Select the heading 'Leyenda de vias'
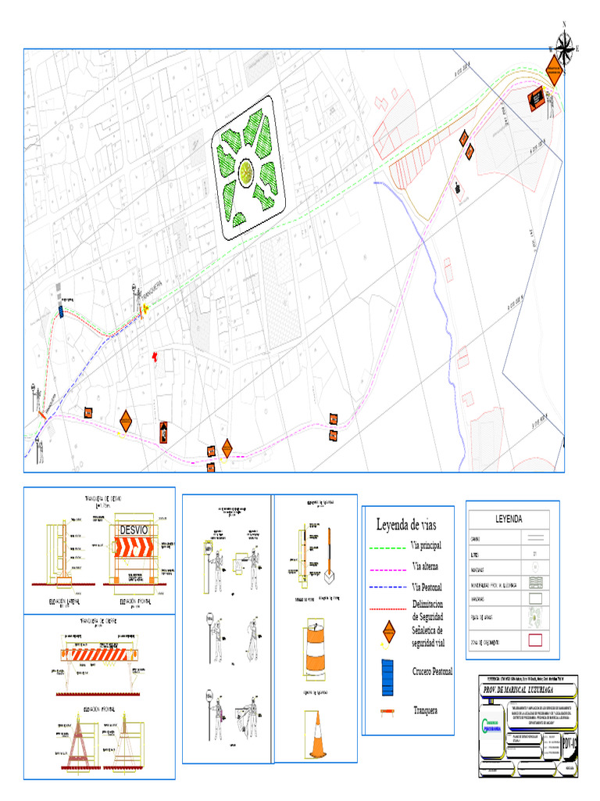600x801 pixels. point(408,524)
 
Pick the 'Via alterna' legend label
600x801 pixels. point(427,565)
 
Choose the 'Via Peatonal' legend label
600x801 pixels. point(430,586)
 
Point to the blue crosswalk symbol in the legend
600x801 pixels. point(386,677)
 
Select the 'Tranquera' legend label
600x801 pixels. point(426,710)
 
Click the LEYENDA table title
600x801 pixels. point(509,519)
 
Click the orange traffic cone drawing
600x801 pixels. point(317,736)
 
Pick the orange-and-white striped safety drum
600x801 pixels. point(316,648)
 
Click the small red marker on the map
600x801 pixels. point(155,356)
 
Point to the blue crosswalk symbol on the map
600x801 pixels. point(62,311)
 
